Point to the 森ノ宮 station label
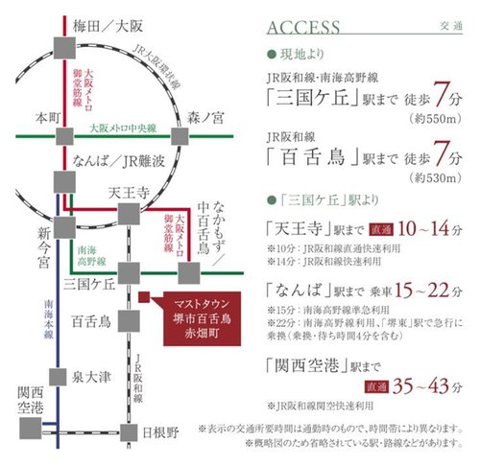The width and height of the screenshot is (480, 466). [204, 118]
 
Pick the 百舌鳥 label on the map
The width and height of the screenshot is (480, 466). [90, 321]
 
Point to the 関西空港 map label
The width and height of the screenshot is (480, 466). [30, 403]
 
